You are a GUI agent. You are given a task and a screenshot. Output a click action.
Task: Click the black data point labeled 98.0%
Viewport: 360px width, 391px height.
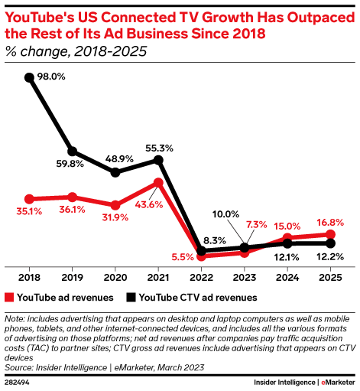coord(29,77)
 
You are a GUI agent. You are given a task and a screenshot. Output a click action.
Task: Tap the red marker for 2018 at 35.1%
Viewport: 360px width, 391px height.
coord(29,199)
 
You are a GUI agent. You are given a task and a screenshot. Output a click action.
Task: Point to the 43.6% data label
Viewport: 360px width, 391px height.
coord(145,205)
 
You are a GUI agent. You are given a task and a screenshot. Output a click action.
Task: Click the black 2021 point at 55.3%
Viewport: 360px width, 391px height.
coord(158,160)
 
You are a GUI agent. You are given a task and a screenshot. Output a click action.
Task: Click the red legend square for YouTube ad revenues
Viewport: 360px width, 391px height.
coord(9,297)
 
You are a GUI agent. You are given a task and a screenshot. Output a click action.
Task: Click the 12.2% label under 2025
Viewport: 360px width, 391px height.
coord(330,258)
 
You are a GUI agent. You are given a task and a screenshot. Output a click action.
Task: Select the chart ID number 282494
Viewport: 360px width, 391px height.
coord(18,380)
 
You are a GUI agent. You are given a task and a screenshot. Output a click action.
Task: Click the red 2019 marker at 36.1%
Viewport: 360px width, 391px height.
coord(72,197)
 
